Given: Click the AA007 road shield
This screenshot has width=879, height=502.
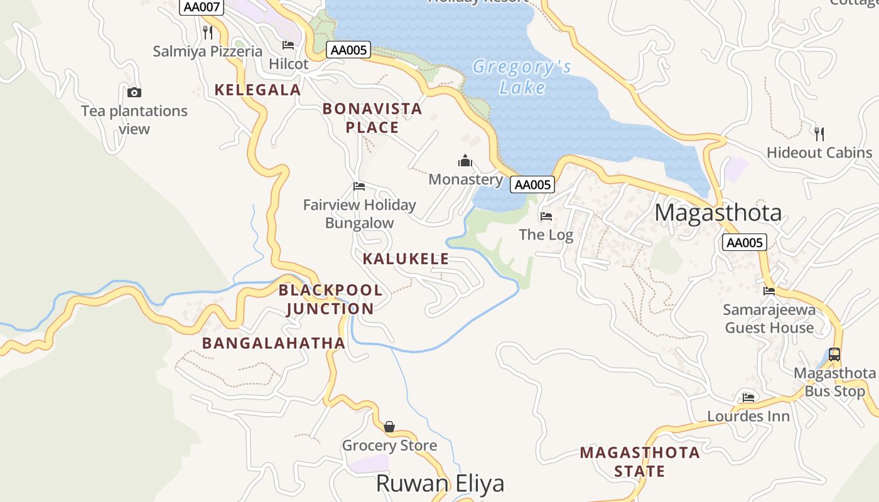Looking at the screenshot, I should (202, 8).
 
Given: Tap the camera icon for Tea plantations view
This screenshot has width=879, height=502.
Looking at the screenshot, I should (134, 93).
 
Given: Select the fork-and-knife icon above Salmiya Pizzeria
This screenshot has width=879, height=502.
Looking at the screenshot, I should (208, 32).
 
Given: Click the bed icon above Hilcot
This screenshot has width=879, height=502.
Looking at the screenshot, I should (288, 45).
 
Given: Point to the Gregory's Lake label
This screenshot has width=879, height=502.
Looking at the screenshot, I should (522, 77).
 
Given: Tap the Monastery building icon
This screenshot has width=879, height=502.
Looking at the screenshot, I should (465, 161).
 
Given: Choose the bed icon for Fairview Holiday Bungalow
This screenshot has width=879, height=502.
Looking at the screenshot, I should (359, 186).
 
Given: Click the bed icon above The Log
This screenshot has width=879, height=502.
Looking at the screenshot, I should (546, 216).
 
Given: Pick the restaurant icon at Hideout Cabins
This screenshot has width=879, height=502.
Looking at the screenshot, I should (819, 134).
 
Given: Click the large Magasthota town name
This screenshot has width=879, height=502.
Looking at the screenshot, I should (718, 213).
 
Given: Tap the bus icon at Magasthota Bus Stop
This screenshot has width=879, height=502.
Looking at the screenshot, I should (834, 355).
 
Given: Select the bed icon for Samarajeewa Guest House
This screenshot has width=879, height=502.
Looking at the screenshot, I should (769, 291).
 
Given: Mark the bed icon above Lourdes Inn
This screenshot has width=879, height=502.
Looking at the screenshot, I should (748, 398).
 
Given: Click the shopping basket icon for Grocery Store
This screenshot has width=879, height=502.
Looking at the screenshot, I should (389, 427).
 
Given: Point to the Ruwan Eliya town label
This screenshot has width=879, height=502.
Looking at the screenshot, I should (440, 484).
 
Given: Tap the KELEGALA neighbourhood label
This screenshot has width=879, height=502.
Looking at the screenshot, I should (257, 90).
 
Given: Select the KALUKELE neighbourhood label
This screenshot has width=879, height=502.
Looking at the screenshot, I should (406, 259).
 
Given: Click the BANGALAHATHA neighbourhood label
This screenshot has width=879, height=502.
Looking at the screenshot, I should (274, 343).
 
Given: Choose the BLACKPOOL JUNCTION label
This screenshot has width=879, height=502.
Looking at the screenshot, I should (330, 299).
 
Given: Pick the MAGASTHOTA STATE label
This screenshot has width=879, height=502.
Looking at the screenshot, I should (639, 462).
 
